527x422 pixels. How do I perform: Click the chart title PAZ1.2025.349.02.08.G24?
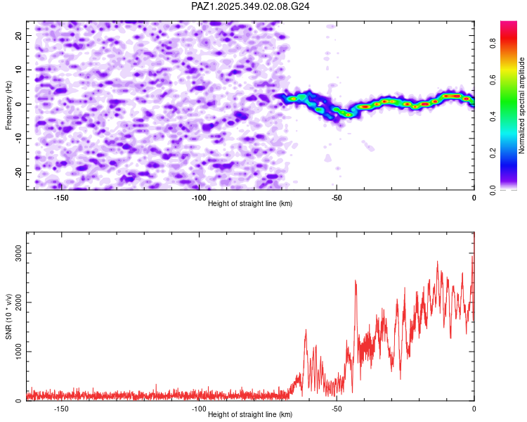coord(251,6)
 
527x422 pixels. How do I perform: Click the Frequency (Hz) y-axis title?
coord(9,105)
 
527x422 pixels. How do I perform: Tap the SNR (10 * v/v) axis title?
coord(9,316)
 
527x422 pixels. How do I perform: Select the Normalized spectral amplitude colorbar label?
coord(522,105)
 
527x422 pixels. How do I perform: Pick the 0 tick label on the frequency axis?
coord(20,103)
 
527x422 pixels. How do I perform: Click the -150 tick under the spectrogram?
coord(61,198)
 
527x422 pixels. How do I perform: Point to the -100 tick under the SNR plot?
coord(199,409)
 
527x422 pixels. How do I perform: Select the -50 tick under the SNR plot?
coord(337,409)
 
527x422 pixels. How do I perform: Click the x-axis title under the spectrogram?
coord(250,203)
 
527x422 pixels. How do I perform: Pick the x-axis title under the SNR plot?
coord(250,414)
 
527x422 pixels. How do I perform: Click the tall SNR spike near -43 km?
coord(356,281)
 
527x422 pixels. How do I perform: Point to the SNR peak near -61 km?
coord(306,331)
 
